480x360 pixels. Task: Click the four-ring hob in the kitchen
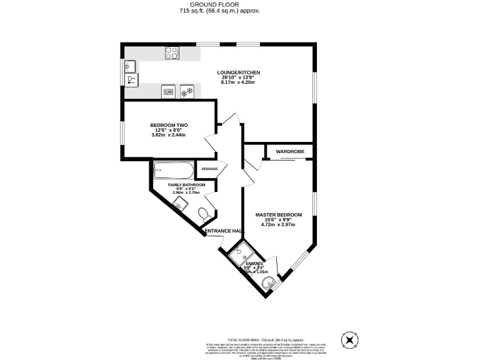coord(172,53)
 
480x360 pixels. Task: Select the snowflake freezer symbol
coord(187,92)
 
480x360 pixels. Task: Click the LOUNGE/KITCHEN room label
coord(238,72)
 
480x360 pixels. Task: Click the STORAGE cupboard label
coord(209,169)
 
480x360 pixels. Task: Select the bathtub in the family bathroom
coord(174,169)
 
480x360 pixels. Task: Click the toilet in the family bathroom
coord(204,215)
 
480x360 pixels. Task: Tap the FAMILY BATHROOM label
coord(186,185)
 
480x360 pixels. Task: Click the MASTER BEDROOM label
coord(278,215)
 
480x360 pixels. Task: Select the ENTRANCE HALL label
coord(223,231)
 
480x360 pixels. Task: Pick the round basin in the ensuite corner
coord(270,283)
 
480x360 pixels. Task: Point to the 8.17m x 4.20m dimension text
coord(238,82)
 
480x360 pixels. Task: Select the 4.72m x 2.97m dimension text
coord(278,225)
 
